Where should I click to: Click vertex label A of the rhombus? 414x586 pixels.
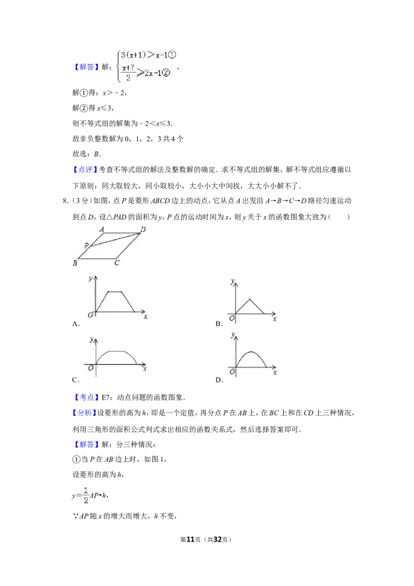pos(102,229)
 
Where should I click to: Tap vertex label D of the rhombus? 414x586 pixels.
pos(143,229)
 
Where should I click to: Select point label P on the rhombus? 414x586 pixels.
pos(86,245)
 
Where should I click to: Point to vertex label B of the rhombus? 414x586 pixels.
pos(75,263)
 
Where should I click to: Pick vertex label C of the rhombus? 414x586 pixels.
pos(116,263)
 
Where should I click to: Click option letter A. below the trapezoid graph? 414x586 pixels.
pos(76,324)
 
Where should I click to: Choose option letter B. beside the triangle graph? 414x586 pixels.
pos(219,324)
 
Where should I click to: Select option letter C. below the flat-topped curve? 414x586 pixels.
pos(76,379)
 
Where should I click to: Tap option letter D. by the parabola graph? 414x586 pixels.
pos(219,379)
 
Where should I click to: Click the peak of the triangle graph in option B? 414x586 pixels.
pos(250,299)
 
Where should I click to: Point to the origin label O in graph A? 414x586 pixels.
pos(90,315)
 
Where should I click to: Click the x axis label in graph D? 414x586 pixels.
pos(275,372)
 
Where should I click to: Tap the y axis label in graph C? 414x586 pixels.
pos(92,340)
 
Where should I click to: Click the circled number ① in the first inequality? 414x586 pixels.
pos(172,55)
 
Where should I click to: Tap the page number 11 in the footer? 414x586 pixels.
pos(190,539)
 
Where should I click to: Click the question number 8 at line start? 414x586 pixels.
pos(65,201)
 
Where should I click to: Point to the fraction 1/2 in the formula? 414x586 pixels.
pos(86,495)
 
